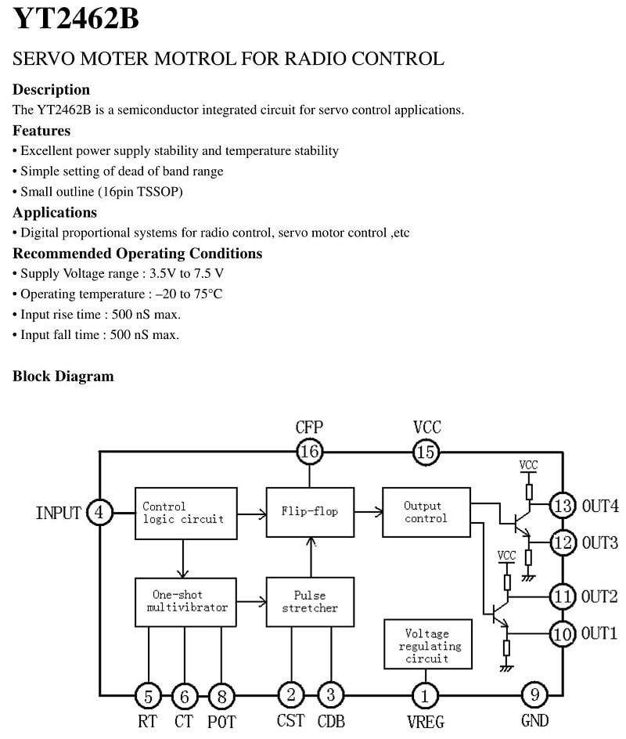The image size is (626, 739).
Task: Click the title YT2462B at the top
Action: click(x=75, y=18)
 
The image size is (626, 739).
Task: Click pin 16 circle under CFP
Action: click(x=309, y=452)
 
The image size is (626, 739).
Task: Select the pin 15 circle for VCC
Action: click(x=426, y=452)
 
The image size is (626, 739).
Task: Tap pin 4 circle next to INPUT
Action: click(x=99, y=512)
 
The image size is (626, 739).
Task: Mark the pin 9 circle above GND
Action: click(x=534, y=694)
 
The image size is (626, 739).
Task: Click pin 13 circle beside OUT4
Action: click(x=563, y=506)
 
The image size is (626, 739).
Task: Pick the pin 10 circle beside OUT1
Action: click(x=563, y=634)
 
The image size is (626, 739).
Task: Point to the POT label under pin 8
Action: click(x=221, y=722)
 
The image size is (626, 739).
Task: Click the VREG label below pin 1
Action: click(x=426, y=722)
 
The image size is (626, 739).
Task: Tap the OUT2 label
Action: click(x=599, y=597)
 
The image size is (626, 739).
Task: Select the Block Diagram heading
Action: click(x=63, y=376)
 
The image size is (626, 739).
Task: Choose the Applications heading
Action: click(x=55, y=213)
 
